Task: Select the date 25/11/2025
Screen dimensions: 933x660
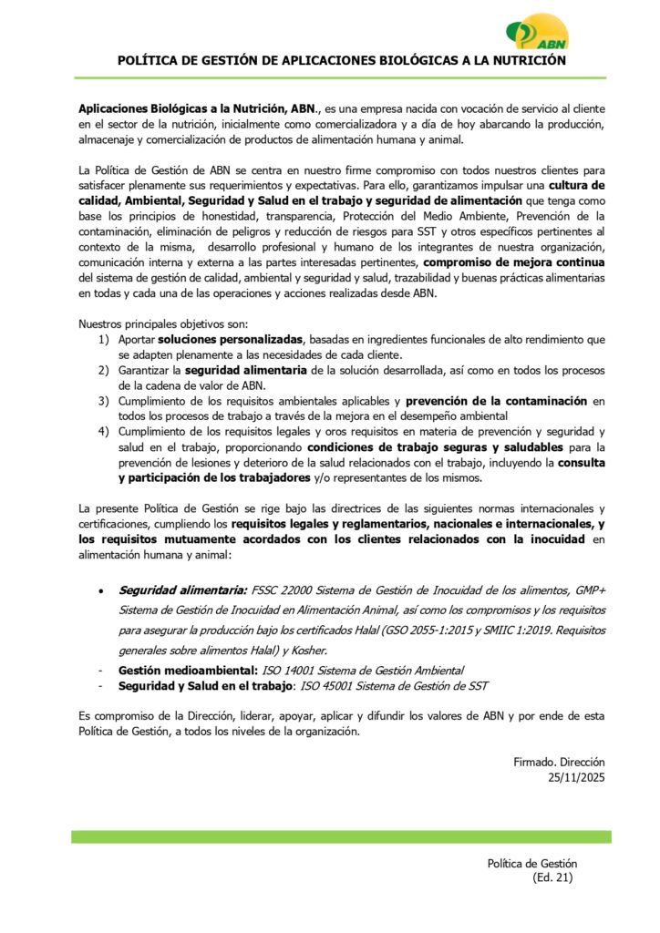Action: pos(576,777)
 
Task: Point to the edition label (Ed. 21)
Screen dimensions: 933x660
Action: pos(552,877)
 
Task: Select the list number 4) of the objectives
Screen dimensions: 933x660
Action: pos(104,431)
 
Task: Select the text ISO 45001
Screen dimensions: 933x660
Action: pos(326,685)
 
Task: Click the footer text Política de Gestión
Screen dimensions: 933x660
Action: pos(531,863)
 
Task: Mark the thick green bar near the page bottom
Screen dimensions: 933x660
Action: pos(341,836)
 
